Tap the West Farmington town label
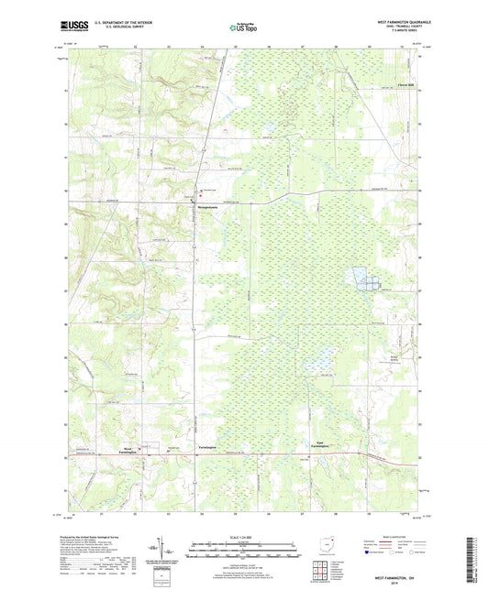pos(129,450)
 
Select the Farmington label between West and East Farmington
pos(207,447)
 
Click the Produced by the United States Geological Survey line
pos(96,540)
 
